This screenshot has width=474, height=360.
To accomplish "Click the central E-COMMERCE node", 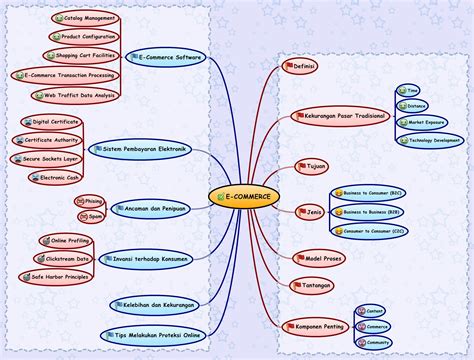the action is tap(244, 196).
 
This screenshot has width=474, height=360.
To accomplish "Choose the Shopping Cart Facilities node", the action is tap(82, 55).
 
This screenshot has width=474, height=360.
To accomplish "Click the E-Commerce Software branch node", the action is tap(165, 58).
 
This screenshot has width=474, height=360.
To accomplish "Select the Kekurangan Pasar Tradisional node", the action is tap(338, 116).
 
